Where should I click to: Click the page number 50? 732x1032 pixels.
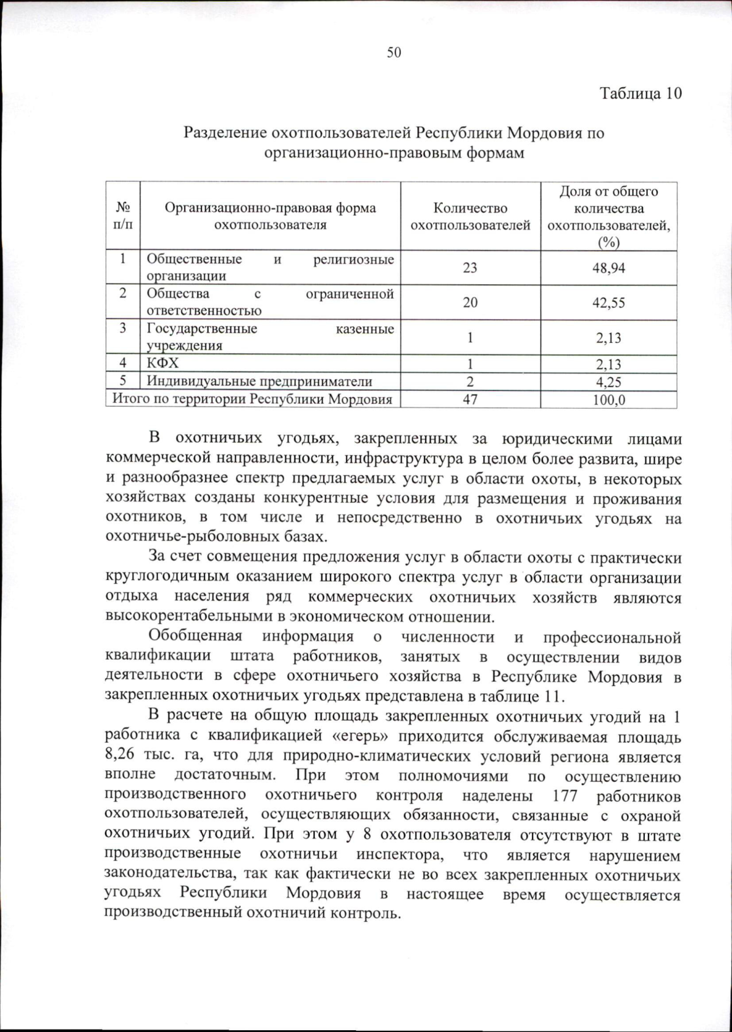point(394,53)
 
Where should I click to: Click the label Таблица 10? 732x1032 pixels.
point(640,93)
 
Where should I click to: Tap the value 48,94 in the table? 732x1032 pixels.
point(608,268)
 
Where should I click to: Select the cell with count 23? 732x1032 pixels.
point(470,268)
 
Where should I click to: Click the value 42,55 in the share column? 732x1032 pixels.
point(608,303)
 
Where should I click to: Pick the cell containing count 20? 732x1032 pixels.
point(470,303)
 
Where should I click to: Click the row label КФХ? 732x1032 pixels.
point(163,364)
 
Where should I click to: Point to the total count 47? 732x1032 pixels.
point(470,400)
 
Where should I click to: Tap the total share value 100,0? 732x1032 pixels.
point(608,401)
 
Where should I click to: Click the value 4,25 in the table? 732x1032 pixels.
point(608,382)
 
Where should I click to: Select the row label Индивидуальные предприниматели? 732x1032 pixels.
point(259,382)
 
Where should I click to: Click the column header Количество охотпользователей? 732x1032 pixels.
point(470,217)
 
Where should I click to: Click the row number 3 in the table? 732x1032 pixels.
point(123,329)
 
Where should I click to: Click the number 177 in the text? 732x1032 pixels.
point(564,797)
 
